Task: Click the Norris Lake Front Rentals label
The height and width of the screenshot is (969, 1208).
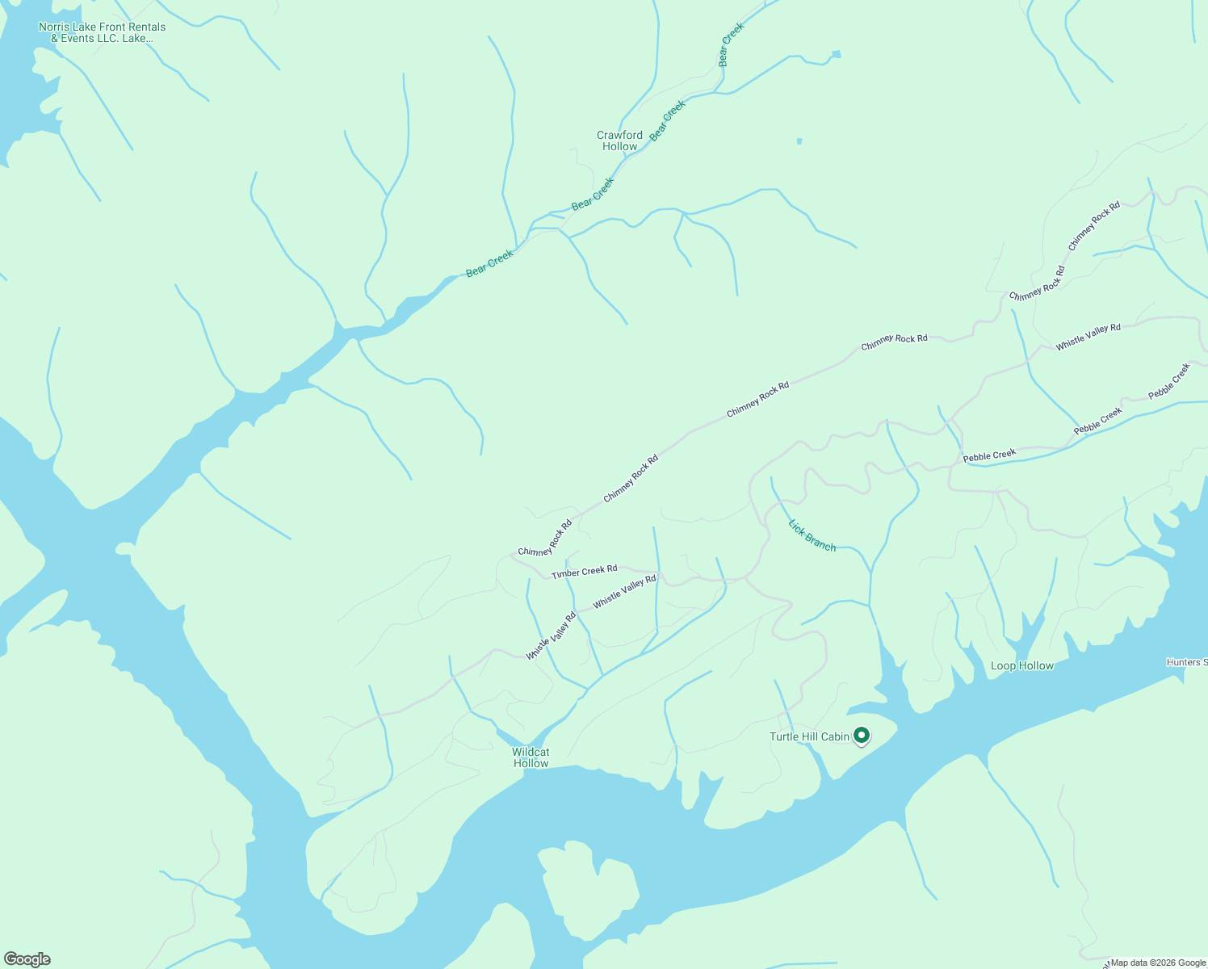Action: tap(103, 32)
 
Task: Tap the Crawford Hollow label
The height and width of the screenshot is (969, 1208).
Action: tap(620, 141)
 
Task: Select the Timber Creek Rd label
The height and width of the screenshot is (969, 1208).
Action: tap(585, 572)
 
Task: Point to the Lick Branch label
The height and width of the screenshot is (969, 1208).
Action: tap(812, 535)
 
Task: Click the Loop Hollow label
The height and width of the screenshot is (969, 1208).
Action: tap(1022, 665)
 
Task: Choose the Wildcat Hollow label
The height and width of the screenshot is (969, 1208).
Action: tap(531, 757)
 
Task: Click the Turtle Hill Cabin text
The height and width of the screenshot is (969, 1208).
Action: tap(809, 736)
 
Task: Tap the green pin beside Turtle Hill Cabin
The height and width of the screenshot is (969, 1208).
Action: tap(862, 736)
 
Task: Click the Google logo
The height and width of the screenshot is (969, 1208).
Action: tap(27, 959)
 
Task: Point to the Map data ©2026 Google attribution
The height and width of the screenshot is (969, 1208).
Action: tap(1158, 963)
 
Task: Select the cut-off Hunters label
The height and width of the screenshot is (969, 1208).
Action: tap(1186, 662)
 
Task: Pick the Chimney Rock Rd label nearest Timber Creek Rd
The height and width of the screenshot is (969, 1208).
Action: tap(545, 539)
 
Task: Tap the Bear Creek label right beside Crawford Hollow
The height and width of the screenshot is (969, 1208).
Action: tap(668, 120)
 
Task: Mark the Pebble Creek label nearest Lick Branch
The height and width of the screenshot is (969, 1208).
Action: tap(989, 455)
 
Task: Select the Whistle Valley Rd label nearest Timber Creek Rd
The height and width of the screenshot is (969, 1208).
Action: tap(624, 592)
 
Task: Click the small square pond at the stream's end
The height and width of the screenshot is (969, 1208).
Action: tap(836, 54)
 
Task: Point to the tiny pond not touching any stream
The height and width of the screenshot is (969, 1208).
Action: tap(799, 141)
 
